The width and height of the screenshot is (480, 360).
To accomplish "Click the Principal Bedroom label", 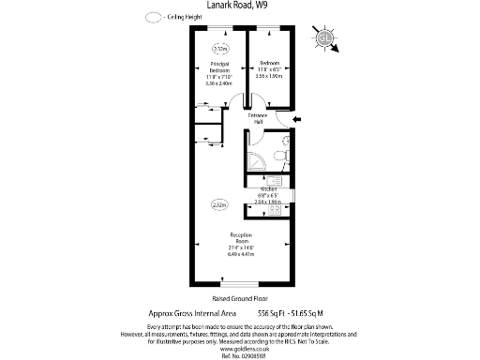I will click(x=219, y=67).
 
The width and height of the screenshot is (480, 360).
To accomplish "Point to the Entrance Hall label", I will click(x=257, y=117).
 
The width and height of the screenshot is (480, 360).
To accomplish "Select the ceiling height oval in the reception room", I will click(x=219, y=203).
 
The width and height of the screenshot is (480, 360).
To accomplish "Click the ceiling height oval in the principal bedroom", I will click(x=220, y=48).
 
